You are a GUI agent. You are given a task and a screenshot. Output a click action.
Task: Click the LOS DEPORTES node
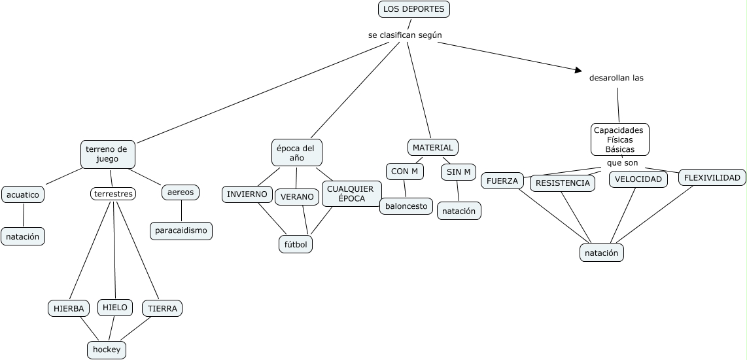414,9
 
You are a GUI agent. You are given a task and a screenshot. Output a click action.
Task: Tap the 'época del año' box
296,153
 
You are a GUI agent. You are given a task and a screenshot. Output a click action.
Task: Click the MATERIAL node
432,147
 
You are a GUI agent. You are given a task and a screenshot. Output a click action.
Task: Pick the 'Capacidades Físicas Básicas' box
619,139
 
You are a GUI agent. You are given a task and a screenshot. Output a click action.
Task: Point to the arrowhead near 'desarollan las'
578,69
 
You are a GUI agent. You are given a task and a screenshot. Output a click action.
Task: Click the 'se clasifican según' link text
401,35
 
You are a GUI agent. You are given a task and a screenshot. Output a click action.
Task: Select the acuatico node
24,194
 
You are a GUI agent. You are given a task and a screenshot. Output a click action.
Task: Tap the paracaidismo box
181,230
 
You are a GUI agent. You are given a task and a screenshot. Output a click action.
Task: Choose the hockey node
107,350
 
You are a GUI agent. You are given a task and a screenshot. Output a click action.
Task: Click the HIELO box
115,307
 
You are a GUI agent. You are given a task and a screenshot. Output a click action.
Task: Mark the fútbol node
296,244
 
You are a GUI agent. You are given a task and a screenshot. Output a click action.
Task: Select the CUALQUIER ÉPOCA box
351,194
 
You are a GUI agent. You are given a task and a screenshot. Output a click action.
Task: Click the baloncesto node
406,206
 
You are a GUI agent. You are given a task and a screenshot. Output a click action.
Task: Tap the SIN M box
458,172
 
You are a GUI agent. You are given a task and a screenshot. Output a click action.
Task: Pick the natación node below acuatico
23,236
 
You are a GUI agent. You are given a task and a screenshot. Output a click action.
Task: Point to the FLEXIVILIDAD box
712,177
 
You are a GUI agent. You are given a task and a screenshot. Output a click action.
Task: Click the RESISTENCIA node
563,183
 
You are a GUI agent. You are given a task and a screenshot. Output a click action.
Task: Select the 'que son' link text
621,163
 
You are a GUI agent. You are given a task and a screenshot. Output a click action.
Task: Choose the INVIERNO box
247,194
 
